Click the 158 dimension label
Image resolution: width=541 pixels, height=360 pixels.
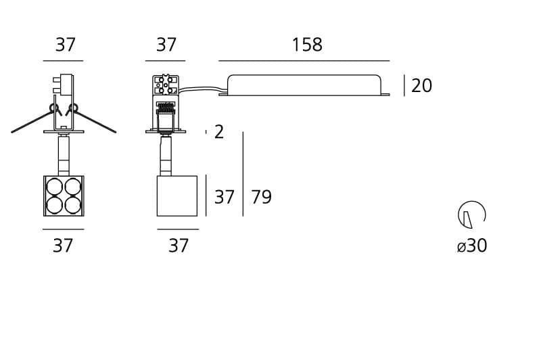pos(307,45)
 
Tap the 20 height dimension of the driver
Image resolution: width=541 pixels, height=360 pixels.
pos(421,85)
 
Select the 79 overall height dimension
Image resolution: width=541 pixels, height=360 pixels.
pos(261,197)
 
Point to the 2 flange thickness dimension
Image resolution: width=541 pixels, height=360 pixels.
pos(218,132)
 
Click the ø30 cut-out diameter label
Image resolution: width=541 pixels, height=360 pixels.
pos(471,246)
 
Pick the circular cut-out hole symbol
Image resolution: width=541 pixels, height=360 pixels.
pos(472,215)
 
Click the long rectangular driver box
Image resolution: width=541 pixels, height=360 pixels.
pos(304,85)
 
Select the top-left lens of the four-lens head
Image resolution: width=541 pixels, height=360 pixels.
pos(55,187)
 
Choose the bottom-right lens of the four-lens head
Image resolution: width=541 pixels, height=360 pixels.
pos(73,205)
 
